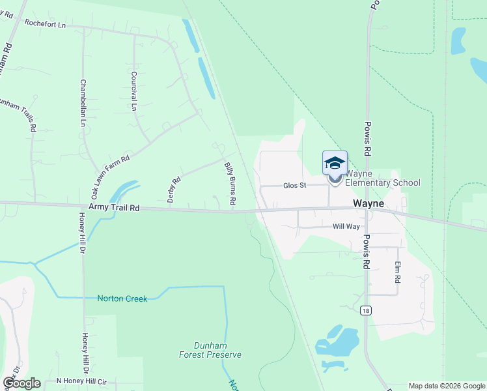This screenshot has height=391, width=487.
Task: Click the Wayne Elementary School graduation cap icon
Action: point(335,163)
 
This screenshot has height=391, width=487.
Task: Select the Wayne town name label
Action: point(369,203)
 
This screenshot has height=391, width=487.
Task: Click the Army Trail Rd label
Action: point(114,207)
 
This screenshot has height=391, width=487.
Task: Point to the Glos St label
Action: point(294,186)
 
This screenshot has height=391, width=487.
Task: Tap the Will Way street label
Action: point(346,227)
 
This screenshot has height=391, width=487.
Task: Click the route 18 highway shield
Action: point(367,310)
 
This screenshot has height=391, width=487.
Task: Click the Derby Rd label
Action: point(173,189)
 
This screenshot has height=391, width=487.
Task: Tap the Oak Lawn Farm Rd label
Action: point(110,177)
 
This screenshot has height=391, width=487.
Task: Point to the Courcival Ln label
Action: point(133,90)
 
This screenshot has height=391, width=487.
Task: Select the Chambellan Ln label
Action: point(83,103)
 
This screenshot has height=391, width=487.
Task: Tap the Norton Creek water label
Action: point(122,298)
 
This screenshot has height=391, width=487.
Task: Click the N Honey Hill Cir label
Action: point(81,381)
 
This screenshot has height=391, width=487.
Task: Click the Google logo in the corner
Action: point(21,383)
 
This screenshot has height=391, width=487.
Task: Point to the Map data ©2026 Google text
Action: point(447,386)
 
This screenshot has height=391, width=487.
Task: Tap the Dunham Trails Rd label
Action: point(20,114)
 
